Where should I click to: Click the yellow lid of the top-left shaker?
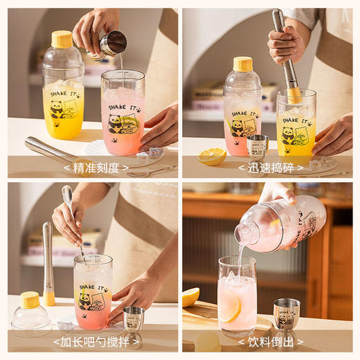point(62,39)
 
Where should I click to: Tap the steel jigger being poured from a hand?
point(112,43)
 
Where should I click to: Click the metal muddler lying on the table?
point(52,152)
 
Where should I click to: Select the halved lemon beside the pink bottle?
point(211,156)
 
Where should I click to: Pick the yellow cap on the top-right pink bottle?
point(242,64)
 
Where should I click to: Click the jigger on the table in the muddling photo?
point(258,146)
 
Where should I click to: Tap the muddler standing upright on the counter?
point(48,263)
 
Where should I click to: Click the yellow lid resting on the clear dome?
point(30,300)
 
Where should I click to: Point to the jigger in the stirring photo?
point(134,320)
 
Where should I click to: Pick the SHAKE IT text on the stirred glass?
point(93,287)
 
